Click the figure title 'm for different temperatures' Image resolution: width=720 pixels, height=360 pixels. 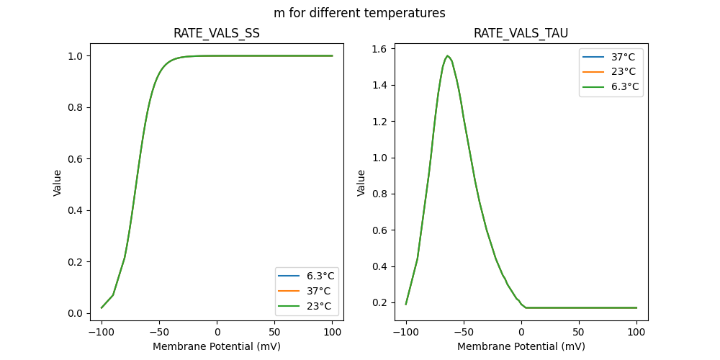[x=359, y=13]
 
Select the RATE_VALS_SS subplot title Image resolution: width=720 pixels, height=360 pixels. [x=217, y=34]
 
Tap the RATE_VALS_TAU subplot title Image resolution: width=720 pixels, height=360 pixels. [x=521, y=34]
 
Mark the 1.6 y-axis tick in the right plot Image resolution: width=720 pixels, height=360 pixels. [x=380, y=49]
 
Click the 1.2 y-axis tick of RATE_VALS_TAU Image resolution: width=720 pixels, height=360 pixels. [x=380, y=122]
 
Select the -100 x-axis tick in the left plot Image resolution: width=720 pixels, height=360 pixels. [x=102, y=332]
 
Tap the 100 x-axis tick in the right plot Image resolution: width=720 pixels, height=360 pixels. [x=636, y=332]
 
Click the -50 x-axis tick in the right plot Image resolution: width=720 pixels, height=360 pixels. [x=464, y=332]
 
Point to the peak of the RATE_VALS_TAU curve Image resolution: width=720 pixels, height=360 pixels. [x=447, y=55]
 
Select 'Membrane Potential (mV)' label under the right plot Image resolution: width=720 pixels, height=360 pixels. [x=521, y=346]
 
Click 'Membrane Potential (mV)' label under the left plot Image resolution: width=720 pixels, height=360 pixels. [x=217, y=346]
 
